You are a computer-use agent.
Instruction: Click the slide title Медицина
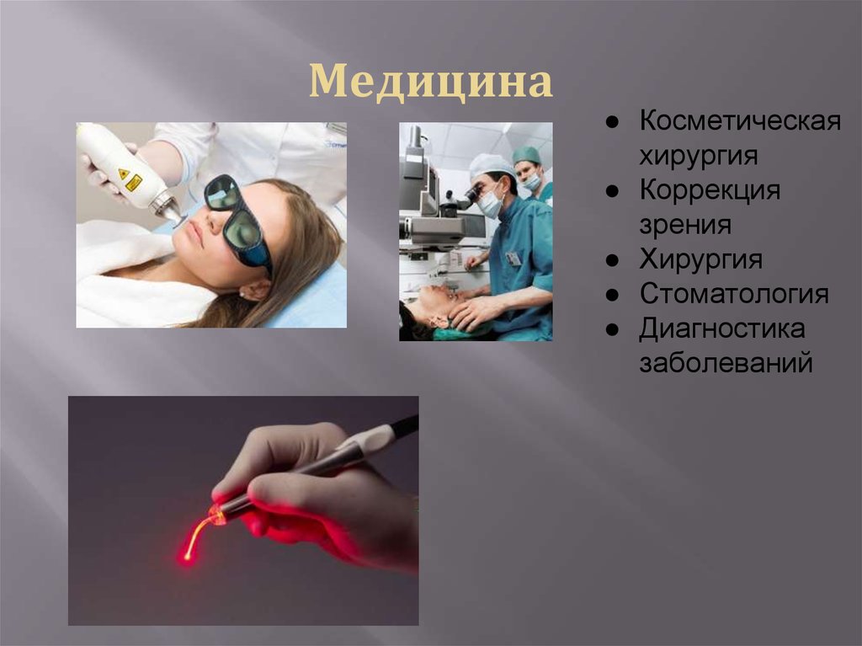tap(431, 83)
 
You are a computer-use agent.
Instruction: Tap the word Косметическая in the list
tap(740, 120)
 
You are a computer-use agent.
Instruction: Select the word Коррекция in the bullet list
tap(709, 190)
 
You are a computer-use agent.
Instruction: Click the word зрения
tap(684, 225)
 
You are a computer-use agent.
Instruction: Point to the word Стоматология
tap(733, 294)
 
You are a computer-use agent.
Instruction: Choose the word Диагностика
tap(721, 329)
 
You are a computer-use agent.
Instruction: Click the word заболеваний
tap(726, 364)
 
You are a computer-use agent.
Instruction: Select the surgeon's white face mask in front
tap(489, 205)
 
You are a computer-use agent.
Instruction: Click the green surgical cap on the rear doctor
tap(527, 155)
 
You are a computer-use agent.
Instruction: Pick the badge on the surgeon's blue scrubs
tap(513, 259)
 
